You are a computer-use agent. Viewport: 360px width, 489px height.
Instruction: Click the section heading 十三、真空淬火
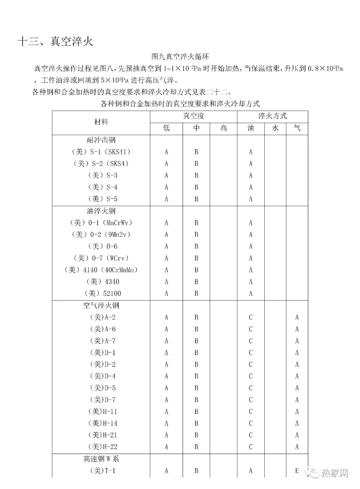[55, 41]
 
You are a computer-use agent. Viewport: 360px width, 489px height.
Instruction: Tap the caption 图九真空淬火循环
[180, 56]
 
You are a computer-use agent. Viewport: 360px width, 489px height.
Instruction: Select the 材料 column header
[101, 122]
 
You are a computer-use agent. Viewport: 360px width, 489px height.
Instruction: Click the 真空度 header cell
[194, 116]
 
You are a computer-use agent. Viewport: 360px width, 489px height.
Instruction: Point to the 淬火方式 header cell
[272, 116]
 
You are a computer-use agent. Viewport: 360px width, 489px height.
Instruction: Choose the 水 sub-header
[275, 128]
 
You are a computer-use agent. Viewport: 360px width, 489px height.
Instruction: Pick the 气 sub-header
[297, 128]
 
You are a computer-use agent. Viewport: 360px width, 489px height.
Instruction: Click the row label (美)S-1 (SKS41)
[101, 152]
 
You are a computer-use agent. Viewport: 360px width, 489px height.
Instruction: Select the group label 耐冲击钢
[101, 140]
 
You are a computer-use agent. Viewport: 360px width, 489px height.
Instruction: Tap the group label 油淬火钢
[101, 211]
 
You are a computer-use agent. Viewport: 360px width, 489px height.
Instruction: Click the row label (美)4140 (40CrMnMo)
[101, 270]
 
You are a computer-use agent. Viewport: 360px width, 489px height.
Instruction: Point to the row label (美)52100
[103, 294]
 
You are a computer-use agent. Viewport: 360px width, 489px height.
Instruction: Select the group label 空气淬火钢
[101, 305]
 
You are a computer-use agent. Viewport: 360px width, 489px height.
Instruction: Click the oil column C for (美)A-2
[251, 317]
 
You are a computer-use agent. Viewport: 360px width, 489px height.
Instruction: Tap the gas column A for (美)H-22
[297, 447]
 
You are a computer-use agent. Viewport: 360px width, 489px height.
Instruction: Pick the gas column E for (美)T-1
[297, 471]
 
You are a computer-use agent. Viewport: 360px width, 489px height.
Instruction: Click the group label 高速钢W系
[101, 459]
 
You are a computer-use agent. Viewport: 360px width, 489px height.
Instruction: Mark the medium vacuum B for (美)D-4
[196, 376]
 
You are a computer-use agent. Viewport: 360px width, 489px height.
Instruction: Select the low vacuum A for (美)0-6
[166, 247]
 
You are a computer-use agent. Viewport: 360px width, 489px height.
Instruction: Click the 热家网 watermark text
[335, 473]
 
